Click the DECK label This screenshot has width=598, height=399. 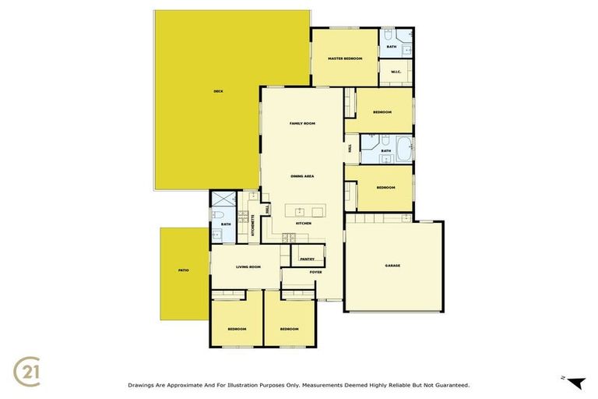pos(219,91)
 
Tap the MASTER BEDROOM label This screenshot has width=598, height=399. pos(344,58)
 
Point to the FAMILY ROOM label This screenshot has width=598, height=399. pos(302,124)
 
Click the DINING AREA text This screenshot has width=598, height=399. pos(302,177)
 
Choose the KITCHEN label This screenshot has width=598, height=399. pos(303,224)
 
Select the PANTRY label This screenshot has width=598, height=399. pos(307,259)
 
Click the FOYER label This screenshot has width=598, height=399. pos(315,272)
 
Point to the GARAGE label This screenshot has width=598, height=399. pos(392,266)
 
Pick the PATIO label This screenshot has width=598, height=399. pos(183,270)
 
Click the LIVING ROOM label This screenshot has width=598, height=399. pos(248,267)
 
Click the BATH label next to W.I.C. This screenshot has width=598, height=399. pos(392,48)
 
